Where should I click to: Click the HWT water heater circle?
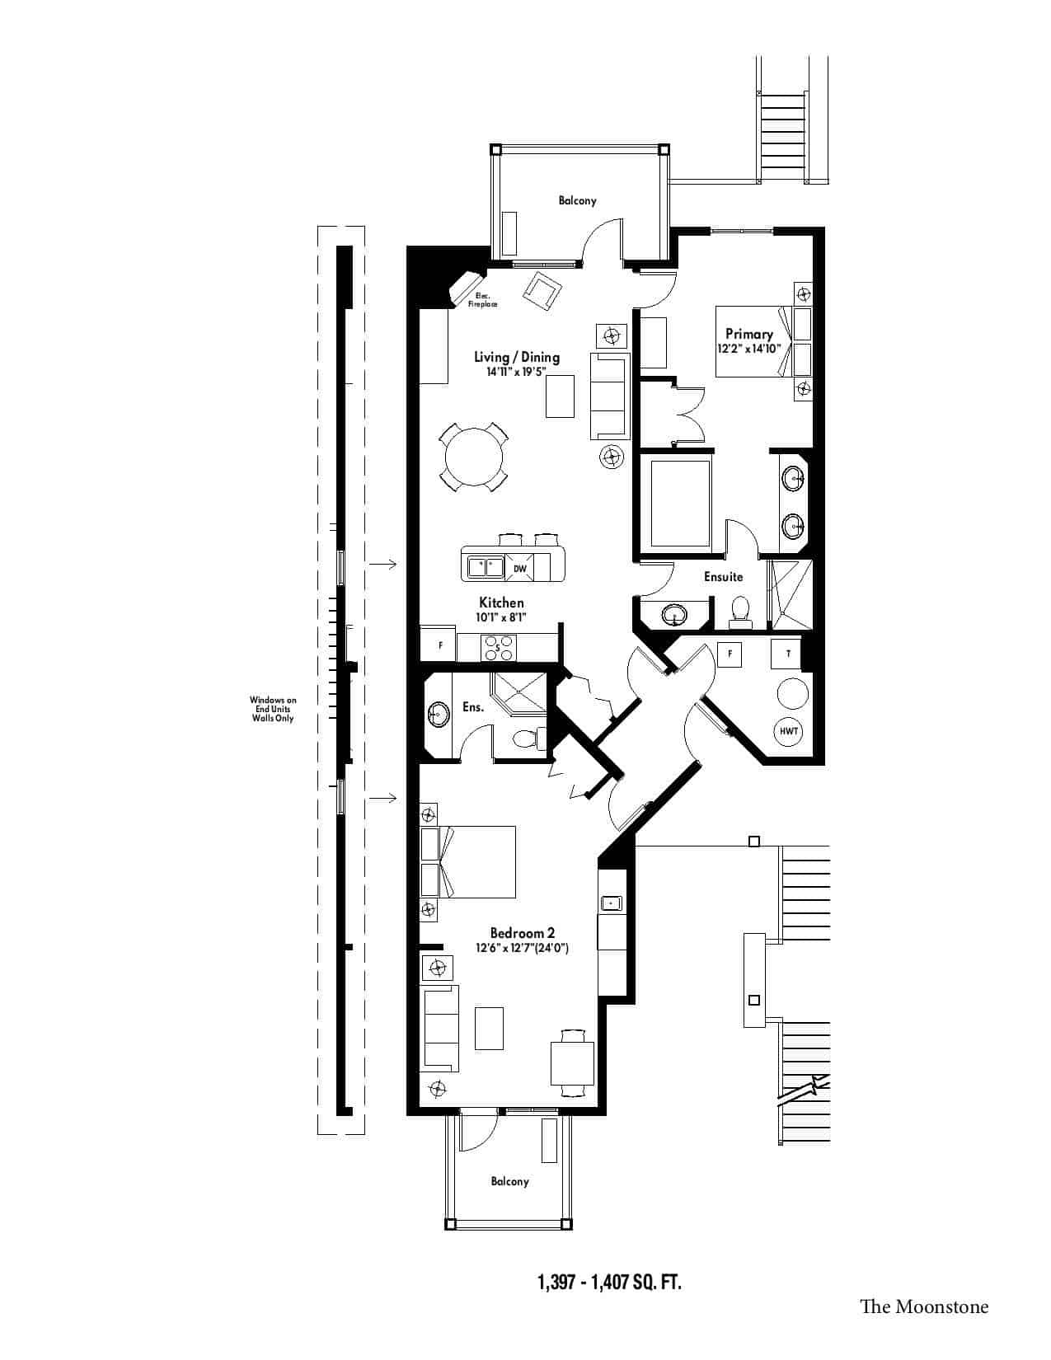[788, 730]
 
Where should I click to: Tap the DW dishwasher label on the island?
[519, 568]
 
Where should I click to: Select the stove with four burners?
[498, 648]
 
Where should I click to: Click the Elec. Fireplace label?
[482, 300]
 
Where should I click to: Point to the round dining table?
[474, 456]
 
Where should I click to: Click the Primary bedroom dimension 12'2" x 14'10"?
[749, 349]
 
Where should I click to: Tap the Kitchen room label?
[501, 602]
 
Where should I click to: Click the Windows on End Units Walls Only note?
[273, 709]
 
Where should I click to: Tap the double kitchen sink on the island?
[486, 568]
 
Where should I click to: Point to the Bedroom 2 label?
[522, 933]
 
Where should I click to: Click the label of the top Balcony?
[577, 201]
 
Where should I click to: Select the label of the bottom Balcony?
[509, 1182]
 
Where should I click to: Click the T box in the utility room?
[788, 654]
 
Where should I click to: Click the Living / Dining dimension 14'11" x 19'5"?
[517, 371]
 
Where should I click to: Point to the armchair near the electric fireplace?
[542, 290]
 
